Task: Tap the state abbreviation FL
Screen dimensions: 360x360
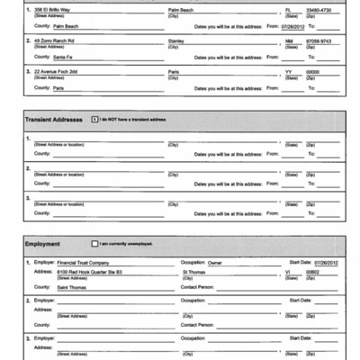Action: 288,8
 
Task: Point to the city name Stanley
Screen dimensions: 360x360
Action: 175,40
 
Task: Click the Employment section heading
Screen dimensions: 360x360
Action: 44,243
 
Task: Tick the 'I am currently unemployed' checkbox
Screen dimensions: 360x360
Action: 94,243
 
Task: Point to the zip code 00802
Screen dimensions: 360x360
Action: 313,271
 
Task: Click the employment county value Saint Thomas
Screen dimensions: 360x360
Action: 72,286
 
